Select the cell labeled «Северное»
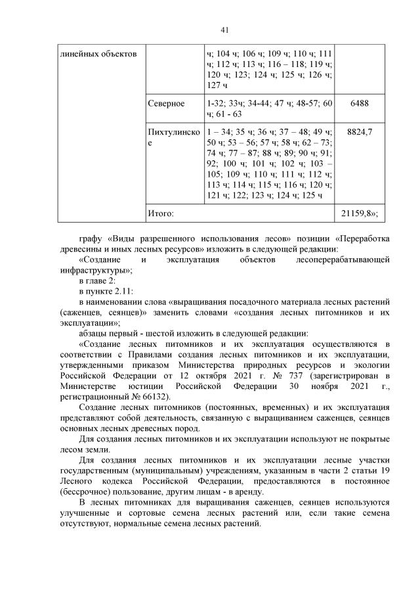[x=167, y=104]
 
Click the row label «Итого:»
[x=161, y=214]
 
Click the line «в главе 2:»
[x=97, y=281]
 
